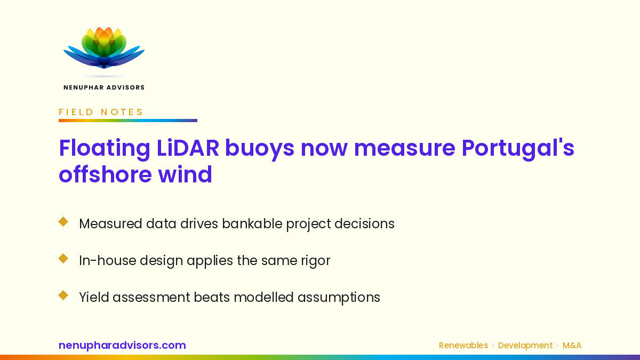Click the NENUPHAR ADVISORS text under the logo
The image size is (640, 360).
tap(104, 87)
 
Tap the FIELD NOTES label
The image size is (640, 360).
tap(101, 112)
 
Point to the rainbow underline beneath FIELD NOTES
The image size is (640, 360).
tap(128, 121)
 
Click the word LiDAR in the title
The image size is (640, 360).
tap(188, 148)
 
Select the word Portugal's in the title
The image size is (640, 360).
tap(518, 149)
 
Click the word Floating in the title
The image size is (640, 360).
tap(105, 149)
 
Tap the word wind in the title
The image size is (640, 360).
tap(185, 174)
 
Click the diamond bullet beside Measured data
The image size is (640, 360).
tap(63, 222)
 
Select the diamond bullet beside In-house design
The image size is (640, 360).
tap(63, 259)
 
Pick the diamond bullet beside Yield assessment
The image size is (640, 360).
tap(63, 295)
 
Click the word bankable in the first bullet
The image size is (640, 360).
tap(252, 223)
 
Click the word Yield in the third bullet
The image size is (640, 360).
tap(94, 297)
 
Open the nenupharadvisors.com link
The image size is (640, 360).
tap(122, 346)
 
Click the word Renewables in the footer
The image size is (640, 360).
tap(463, 346)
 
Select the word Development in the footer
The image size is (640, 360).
tap(525, 346)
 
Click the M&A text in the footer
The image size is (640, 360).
tap(572, 346)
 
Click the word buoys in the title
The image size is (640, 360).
tap(260, 149)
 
